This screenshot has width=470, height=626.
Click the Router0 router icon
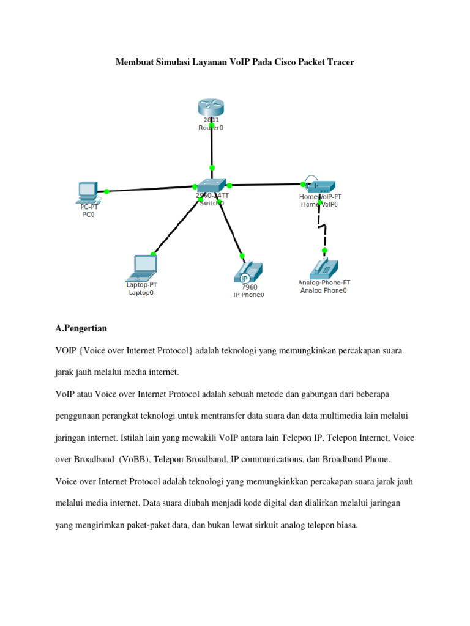click(x=211, y=108)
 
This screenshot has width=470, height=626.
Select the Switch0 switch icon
click(x=212, y=185)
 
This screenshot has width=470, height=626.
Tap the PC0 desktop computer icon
click(x=87, y=192)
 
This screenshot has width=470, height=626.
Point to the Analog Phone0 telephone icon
click(x=324, y=268)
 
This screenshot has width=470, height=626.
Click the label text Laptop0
click(x=141, y=293)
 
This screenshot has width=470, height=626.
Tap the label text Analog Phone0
click(x=323, y=291)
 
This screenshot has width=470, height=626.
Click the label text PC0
click(x=88, y=215)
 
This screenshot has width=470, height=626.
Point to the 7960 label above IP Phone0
click(x=249, y=287)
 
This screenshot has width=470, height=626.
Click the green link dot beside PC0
click(x=106, y=191)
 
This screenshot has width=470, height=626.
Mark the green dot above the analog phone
click(x=324, y=251)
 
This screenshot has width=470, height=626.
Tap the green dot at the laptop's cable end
click(x=153, y=254)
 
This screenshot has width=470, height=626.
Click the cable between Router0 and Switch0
click(x=212, y=147)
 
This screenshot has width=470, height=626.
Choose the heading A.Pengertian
click(x=81, y=329)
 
